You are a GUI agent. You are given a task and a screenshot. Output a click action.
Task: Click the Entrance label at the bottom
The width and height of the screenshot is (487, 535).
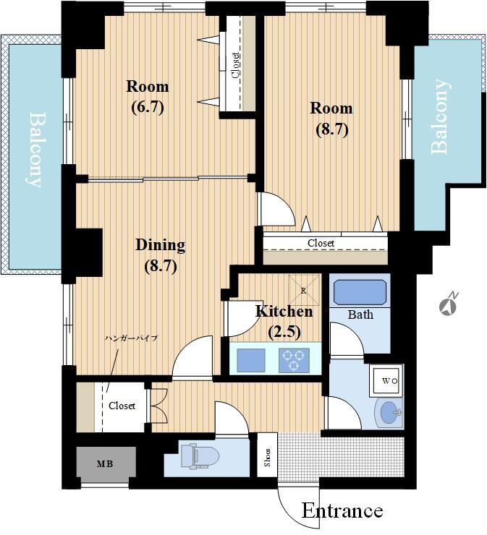pos(342,510)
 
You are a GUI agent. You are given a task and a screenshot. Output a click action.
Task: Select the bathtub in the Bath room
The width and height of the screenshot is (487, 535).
pos(360,292)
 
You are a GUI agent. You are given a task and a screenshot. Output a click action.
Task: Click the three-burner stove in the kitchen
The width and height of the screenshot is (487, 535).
pos(294,360)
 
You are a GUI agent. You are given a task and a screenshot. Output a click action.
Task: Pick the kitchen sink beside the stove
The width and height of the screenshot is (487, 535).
pos(251,360)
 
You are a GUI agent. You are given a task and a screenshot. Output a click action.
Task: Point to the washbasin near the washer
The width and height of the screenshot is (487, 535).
pos(389,412)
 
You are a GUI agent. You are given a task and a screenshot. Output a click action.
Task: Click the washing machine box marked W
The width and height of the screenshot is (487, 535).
pos(386,380)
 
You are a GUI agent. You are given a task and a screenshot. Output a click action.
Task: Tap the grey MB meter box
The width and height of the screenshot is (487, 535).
pos(106,464)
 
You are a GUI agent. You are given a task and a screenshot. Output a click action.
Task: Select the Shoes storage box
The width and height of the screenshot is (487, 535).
pos(268,455)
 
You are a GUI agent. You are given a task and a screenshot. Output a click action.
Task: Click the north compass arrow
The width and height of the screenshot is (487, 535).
pos(449,303)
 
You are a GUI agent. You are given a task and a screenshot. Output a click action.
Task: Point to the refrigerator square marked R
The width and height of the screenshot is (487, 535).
pos(304,290)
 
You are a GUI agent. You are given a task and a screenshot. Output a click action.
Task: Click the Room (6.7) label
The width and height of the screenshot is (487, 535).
pos(148,97)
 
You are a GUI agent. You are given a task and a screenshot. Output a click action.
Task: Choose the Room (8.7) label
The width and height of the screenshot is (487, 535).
pos(331,119)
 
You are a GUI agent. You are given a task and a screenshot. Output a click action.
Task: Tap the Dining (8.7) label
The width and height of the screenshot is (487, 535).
pos(161,255)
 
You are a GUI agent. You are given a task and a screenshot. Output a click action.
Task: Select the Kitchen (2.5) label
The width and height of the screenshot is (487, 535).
pos(284,322)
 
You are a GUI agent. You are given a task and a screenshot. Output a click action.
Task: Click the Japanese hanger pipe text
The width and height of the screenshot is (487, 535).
pos(132,338)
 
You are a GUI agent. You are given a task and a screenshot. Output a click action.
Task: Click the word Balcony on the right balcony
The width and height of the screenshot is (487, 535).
pos(440,116)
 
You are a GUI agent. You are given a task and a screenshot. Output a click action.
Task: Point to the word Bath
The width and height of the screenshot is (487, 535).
pos(360,314)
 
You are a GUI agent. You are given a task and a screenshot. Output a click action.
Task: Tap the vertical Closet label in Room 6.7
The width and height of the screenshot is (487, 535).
pos(235,65)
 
